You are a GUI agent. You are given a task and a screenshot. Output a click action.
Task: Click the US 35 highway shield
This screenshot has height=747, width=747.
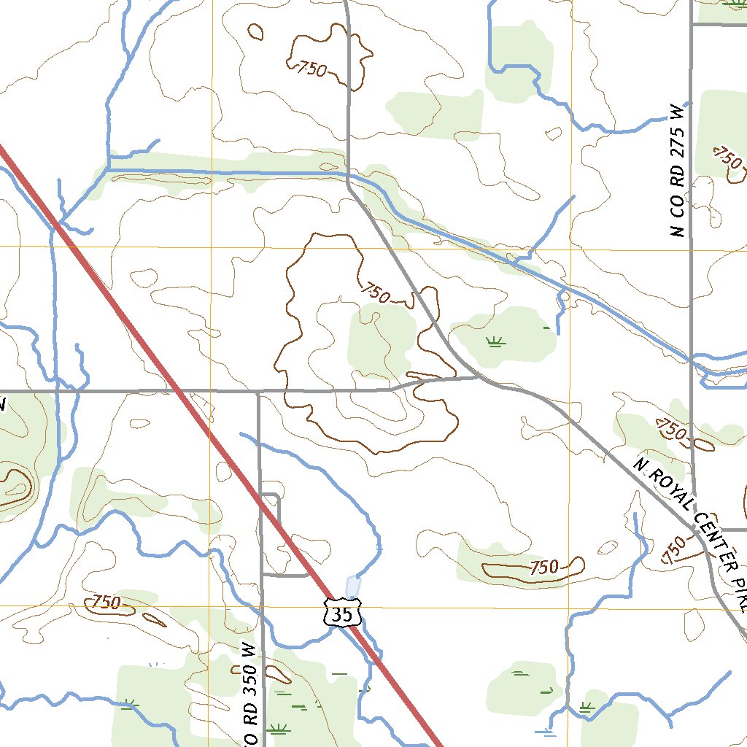coord(341,615)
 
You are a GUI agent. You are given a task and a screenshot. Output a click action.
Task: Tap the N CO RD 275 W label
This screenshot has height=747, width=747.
coord(678,172)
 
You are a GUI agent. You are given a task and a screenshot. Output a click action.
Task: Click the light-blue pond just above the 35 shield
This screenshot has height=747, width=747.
coord(353,586)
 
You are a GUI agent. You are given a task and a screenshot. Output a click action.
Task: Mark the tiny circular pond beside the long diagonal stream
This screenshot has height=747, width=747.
coord(563,296)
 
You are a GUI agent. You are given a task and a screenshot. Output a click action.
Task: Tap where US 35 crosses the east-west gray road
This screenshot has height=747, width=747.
coord(179,392)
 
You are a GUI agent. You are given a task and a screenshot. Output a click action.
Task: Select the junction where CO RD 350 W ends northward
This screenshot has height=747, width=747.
coord(259,392)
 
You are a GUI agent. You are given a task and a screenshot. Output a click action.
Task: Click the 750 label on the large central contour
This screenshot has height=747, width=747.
coord(375,293)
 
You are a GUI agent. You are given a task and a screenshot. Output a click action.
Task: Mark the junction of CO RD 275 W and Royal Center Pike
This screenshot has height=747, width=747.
coord(697,530)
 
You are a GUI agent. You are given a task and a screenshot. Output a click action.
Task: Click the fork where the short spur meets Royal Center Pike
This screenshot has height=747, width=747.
coord(478,377)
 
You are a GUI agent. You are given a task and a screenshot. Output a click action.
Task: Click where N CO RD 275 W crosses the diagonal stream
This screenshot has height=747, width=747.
coord(691,360)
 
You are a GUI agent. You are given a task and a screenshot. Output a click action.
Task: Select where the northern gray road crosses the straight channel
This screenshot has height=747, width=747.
coord(348,174)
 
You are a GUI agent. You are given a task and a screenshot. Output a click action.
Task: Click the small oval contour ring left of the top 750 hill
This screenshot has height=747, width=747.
coord(255,31)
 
